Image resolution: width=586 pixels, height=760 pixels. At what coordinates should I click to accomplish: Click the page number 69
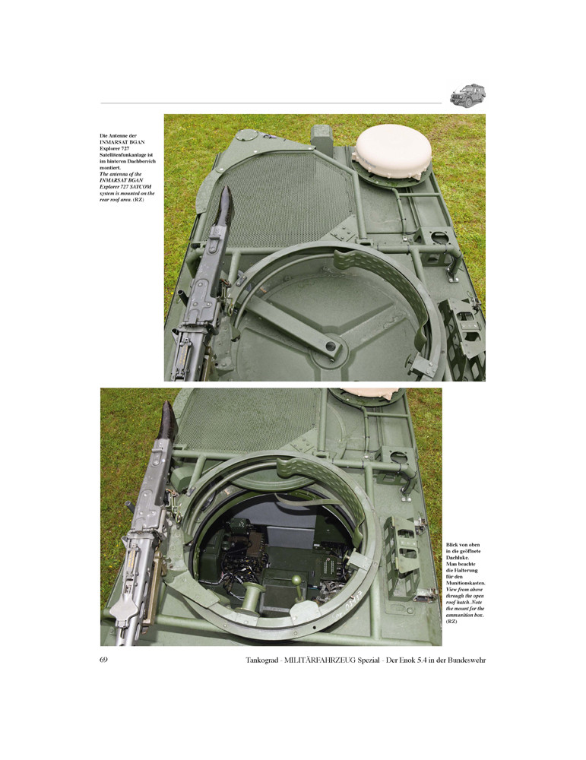pos(103,660)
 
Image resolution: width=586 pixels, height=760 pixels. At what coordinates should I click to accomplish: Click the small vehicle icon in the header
pos(467,96)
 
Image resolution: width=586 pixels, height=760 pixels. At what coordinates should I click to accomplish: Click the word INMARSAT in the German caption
pos(112,142)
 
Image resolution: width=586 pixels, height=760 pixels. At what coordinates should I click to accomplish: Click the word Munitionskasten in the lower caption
pos(465,583)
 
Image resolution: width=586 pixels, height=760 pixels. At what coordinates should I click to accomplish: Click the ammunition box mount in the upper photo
pos(462,334)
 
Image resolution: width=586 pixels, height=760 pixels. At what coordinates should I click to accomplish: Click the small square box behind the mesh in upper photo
pos(322,139)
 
